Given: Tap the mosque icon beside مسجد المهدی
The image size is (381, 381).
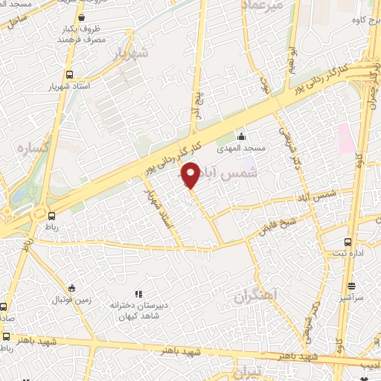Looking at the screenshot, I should click(x=241, y=137).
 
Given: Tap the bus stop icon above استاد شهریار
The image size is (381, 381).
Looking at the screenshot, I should click(x=70, y=74).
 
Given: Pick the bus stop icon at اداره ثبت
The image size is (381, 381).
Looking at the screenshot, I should click(x=349, y=242).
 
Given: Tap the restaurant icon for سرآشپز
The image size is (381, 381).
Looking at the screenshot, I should click(x=351, y=286).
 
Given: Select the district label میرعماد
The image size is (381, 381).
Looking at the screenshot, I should click(x=262, y=5).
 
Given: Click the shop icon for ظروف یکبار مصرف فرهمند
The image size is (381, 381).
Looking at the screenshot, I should click(x=80, y=16).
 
